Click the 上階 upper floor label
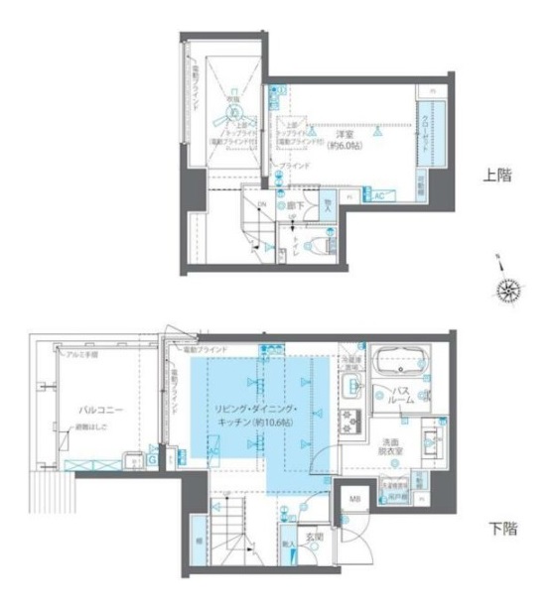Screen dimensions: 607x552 pos(496,176)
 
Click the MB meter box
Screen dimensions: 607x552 pos(354,499)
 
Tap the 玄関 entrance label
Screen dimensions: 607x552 pos(315,536)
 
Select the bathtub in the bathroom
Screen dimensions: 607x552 pos(400,363)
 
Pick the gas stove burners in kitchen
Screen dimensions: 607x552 pos(349,420)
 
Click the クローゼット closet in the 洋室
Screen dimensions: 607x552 pos(428,130)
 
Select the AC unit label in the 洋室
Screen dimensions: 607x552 pos(378,195)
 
